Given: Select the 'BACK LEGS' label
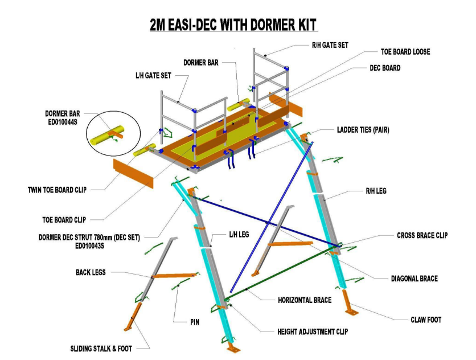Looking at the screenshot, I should click(92, 273).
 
